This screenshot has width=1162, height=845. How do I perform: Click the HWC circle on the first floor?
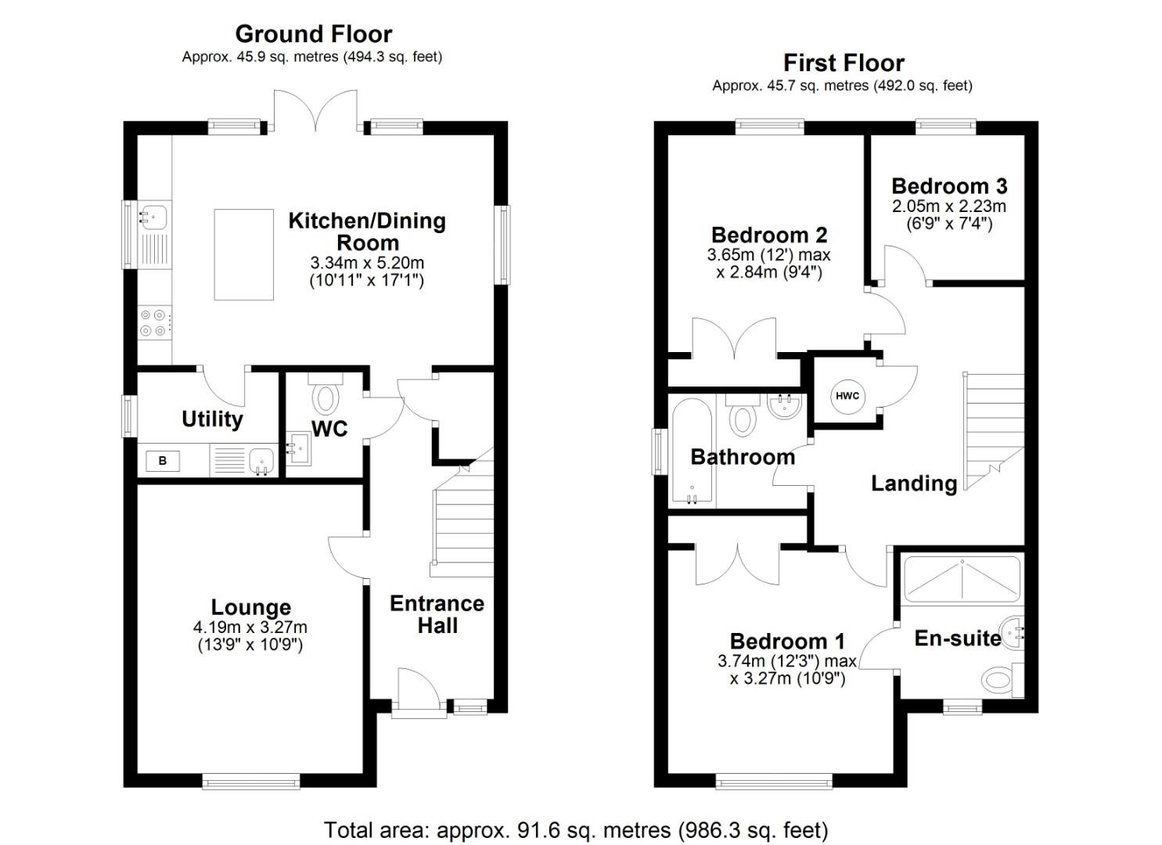click(x=847, y=396)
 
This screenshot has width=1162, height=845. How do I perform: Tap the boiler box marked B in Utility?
click(x=163, y=461)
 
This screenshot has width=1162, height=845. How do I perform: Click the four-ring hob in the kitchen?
click(x=153, y=323)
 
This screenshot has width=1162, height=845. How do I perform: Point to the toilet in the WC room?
click(x=326, y=394)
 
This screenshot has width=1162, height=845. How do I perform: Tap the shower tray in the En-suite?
click(x=961, y=578)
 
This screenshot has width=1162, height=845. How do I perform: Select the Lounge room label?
click(x=250, y=607)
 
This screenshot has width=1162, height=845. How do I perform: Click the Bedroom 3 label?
click(x=948, y=186)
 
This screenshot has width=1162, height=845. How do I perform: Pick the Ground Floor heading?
click(x=313, y=34)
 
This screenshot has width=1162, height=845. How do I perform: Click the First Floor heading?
click(x=844, y=63)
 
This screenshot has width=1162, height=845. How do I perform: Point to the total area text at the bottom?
click(x=575, y=829)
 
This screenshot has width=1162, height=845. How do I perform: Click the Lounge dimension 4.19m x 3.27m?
click(x=250, y=627)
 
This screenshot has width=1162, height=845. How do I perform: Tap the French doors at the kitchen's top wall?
click(x=316, y=112)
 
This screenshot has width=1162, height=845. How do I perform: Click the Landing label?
click(x=914, y=484)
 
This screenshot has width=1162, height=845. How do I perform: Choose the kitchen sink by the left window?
click(x=153, y=215)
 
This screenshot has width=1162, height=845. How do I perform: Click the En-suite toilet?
click(x=1000, y=678)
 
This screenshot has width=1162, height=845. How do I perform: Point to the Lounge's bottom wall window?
click(x=250, y=780)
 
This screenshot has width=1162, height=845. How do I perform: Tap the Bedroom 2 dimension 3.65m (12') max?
click(x=768, y=255)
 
